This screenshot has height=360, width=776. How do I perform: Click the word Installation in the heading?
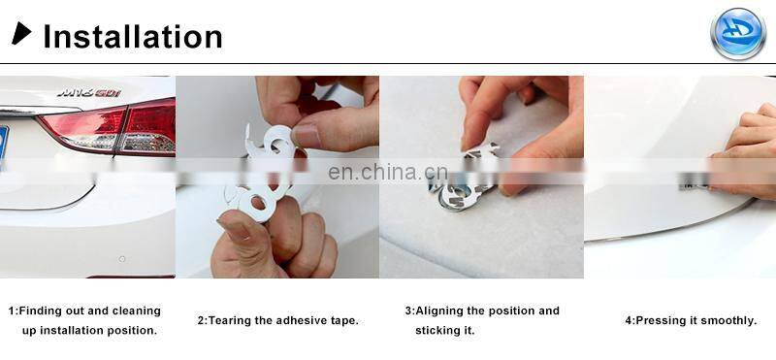click(x=133, y=37)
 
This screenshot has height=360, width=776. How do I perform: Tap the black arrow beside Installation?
click(x=21, y=33)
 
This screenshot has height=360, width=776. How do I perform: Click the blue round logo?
click(x=738, y=34)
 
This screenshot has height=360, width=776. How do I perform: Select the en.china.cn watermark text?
click(x=387, y=172)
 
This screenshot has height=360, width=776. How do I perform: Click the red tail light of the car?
click(x=113, y=127)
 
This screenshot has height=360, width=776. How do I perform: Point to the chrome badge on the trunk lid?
click(x=89, y=92)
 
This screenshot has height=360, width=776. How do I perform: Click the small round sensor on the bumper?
click(x=122, y=258)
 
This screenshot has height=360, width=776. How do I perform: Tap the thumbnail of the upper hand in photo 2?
click(x=307, y=136)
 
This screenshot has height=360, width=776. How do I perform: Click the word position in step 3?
click(x=512, y=311)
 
